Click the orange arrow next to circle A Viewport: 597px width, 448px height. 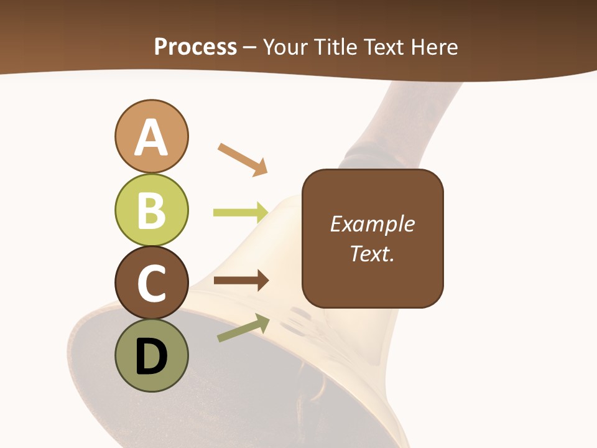pos(243,159)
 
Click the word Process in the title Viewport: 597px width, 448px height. pos(195,47)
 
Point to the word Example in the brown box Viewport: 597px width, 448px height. pos(372,224)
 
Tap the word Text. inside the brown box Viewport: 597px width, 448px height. pos(372,254)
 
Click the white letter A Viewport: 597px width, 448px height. pos(151,138)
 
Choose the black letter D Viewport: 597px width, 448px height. pos(151,357)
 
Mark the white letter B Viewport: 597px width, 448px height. pos(151,210)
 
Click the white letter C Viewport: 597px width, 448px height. pos(151,284)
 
